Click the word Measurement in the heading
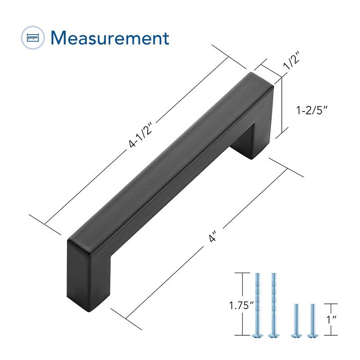110,38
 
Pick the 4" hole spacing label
213,237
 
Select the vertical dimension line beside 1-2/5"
282,106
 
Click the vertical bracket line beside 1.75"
243,304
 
